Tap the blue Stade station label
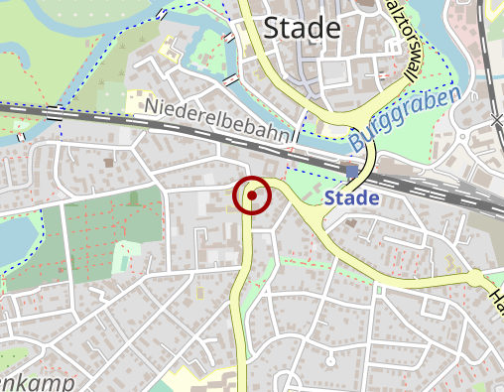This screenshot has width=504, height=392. [351, 198]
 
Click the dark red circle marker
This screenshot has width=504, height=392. [252, 196]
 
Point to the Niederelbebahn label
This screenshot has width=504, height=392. [218, 120]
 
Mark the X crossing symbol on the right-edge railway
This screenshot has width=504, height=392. [496, 120]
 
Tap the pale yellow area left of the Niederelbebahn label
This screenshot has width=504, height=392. [137, 99]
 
